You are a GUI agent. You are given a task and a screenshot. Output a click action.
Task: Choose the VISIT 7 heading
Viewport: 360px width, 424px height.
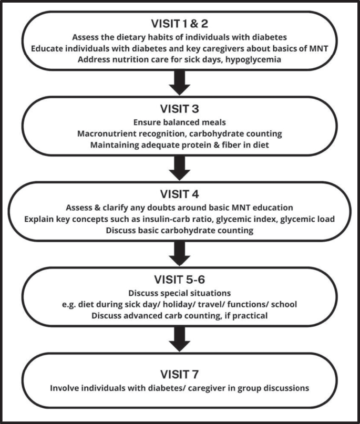[x=179, y=374]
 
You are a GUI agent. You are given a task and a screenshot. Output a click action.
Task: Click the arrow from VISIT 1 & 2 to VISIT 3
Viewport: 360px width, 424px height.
[x=180, y=81]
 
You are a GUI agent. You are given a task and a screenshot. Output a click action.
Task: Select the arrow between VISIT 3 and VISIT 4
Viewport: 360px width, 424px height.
[x=180, y=167]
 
